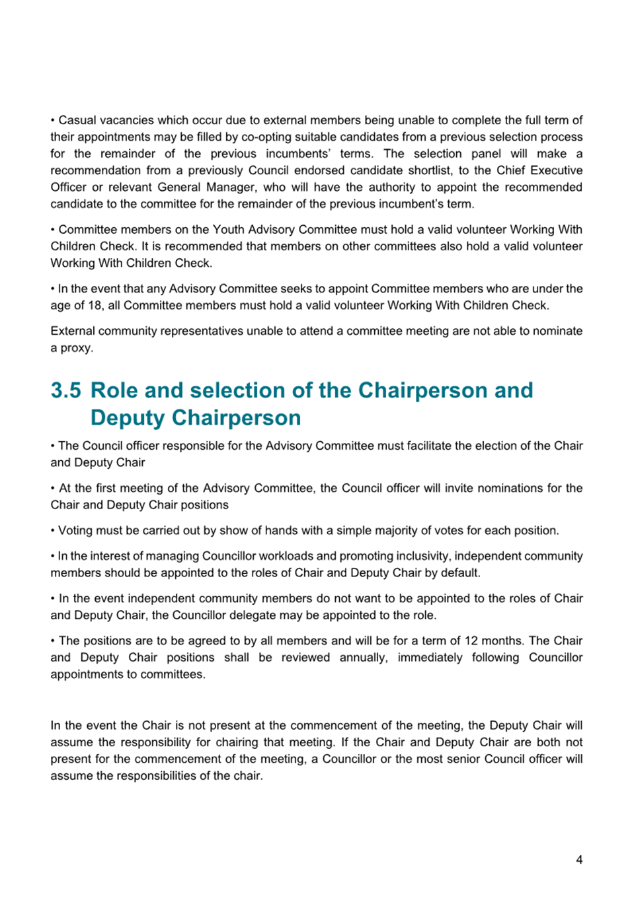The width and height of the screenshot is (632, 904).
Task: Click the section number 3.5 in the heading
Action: (66, 390)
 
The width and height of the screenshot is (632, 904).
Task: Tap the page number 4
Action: (579, 860)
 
